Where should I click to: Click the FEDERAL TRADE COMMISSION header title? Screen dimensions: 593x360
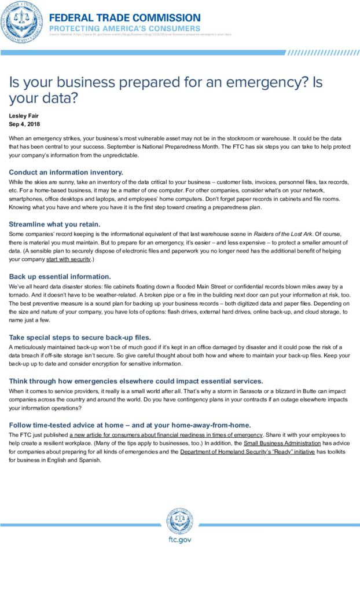point(124,18)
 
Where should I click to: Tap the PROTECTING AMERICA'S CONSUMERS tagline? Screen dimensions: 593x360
point(124,28)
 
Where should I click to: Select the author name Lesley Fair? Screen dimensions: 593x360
point(23,116)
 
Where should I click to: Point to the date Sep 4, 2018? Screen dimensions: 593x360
point(24,124)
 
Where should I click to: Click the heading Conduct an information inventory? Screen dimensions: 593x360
point(66,172)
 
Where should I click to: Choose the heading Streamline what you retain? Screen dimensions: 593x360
point(54,224)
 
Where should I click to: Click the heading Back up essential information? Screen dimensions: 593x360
point(60,276)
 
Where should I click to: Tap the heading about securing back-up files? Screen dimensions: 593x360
point(80,336)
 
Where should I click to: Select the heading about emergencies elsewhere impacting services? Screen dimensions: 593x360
point(136,380)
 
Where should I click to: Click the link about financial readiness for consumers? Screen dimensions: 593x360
point(167,434)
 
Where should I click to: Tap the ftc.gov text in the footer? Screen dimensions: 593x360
point(179,539)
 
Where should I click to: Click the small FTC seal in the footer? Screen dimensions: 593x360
point(180,521)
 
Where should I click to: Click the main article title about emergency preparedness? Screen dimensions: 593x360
point(166,90)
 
